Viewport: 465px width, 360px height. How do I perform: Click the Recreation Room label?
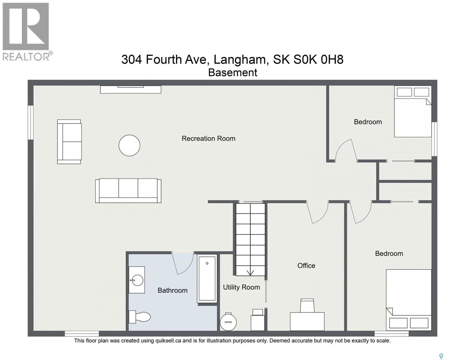[x=208, y=138]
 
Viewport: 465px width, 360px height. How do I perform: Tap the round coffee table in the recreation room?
[x=129, y=145]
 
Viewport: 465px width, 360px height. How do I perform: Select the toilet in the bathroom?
[x=139, y=317]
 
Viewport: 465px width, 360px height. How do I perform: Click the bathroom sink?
[x=137, y=280]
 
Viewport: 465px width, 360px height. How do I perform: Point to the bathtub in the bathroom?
[x=207, y=278]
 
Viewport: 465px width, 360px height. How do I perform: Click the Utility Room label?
[x=241, y=287]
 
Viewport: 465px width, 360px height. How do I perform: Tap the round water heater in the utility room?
[x=228, y=322]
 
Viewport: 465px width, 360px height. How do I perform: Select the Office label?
[x=306, y=265]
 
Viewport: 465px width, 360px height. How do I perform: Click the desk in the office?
[x=307, y=321]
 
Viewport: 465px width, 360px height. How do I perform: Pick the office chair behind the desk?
[x=307, y=305]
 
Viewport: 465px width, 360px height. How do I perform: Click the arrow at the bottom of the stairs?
[x=250, y=273]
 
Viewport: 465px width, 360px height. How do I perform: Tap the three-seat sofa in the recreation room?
[x=128, y=190]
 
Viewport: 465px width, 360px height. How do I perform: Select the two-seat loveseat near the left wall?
[x=69, y=142]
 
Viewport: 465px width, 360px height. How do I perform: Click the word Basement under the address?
[x=232, y=73]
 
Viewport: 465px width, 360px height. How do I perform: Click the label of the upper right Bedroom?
[x=368, y=122]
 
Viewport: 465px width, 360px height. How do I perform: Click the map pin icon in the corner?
[x=441, y=350]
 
